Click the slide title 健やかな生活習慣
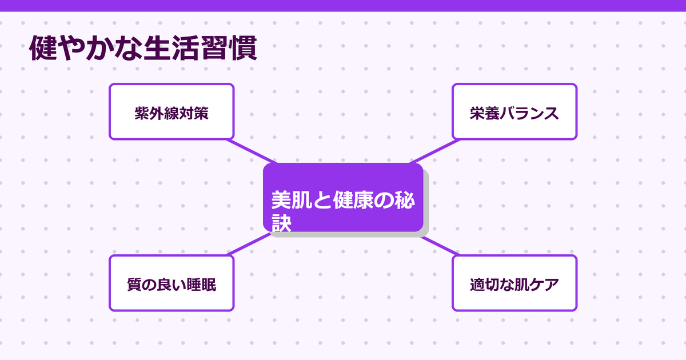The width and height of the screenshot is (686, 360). pos(143,50)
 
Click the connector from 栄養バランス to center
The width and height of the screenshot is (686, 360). pos(432,151)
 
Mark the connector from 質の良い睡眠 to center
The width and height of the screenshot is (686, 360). pos(249,244)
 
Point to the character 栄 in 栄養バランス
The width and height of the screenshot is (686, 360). pos(477,113)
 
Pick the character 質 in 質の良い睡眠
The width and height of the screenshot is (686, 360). pos(134,285)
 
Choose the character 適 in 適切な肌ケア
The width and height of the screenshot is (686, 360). pos(477,285)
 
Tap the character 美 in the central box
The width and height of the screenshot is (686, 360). pos(281,201)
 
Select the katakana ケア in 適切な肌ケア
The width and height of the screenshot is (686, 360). pos(544,285)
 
